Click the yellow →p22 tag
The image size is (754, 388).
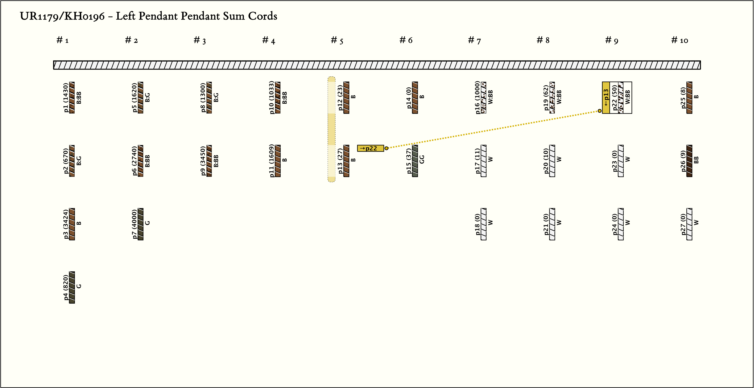coord(370,148)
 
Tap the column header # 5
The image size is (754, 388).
coord(337,40)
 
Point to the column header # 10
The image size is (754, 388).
coord(679,40)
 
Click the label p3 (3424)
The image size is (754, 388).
coord(66,224)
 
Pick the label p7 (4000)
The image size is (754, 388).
coord(134,224)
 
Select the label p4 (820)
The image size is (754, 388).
coord(66,287)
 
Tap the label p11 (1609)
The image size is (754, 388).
coord(272,161)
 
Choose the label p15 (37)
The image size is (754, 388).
coord(409,161)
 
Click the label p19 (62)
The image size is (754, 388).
coord(546,98)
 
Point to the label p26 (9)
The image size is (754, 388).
coord(683,161)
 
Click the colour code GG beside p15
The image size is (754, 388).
coord(422,160)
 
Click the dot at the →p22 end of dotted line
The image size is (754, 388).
coord(386,148)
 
